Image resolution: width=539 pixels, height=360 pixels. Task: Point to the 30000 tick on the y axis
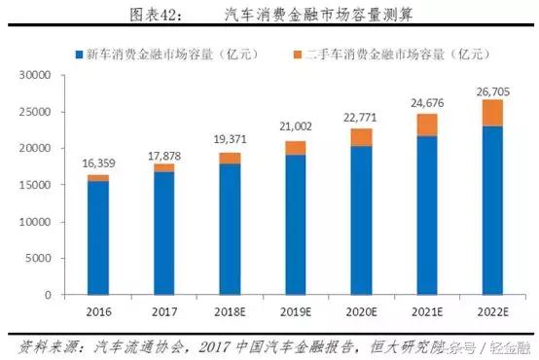pyautogui.click(x=35, y=75)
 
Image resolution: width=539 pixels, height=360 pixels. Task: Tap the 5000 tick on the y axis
pyautogui.click(x=38, y=258)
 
